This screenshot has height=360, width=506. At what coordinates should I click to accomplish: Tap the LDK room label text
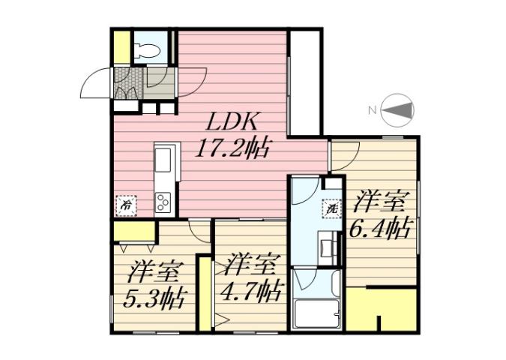click(232, 121)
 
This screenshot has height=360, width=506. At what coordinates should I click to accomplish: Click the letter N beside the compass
click(371, 112)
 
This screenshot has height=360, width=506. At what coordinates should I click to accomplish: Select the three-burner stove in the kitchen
click(163, 201)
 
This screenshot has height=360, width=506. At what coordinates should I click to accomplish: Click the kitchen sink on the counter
click(163, 160)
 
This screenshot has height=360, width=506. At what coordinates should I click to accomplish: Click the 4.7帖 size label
click(251, 290)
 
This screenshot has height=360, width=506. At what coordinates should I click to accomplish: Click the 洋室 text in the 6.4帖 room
click(382, 201)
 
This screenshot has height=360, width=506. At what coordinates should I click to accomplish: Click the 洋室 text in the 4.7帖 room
click(251, 264)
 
